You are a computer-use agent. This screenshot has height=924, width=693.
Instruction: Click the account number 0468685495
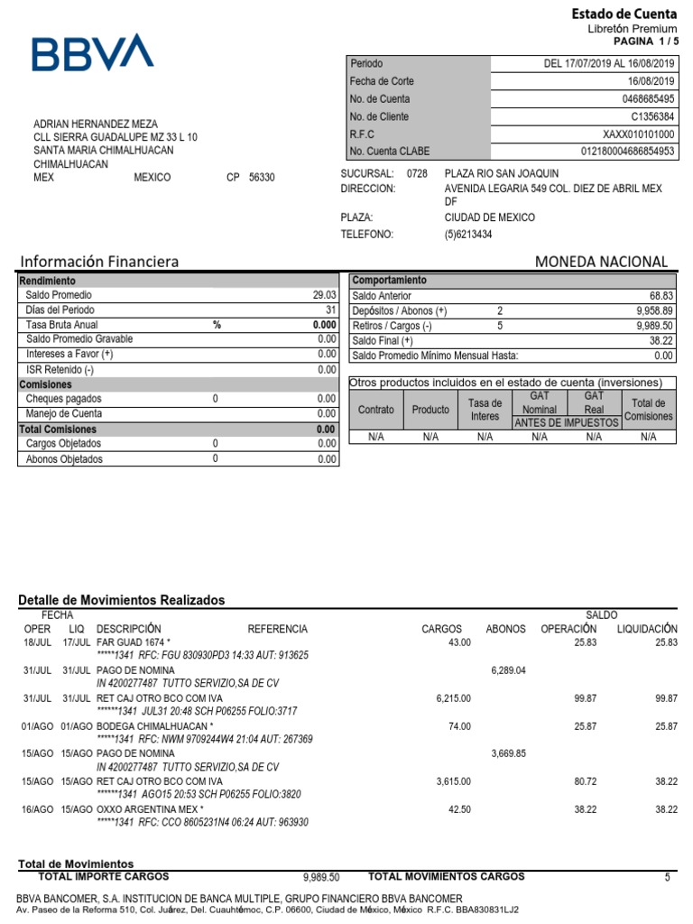pos(645,99)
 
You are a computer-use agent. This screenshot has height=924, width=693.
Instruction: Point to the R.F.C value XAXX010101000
pos(639,134)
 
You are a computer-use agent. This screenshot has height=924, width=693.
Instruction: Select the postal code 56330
pos(262,178)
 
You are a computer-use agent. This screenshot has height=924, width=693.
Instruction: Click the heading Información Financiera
pos(99,262)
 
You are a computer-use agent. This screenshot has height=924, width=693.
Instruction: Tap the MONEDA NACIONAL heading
pos(601,262)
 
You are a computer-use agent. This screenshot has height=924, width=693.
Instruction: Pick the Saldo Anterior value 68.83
pos(661,296)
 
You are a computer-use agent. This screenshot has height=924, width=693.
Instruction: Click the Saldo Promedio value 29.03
pos(324,295)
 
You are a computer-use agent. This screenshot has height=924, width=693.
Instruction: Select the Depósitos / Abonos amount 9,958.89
pos(654,310)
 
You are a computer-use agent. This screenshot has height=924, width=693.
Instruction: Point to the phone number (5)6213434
pos(468,235)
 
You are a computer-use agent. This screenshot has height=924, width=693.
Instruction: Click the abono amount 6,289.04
pos(508,670)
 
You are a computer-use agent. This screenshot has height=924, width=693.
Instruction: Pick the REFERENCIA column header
pos(277,629)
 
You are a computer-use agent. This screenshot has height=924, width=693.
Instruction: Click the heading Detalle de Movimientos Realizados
pos(122,600)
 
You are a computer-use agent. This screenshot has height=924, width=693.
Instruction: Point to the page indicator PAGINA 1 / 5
pos(644,42)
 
